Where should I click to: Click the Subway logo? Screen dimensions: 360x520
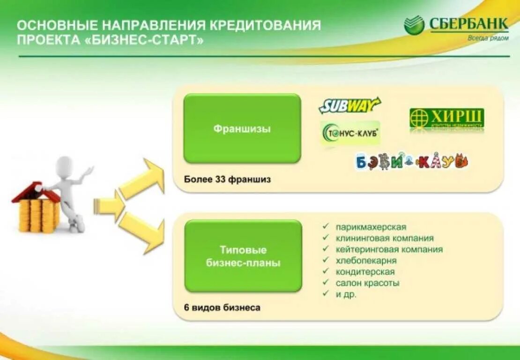pos(349,105)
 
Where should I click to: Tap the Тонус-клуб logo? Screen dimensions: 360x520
pos(350,134)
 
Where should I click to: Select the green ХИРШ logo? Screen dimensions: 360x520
pos(446,119)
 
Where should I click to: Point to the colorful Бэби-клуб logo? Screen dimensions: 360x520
pos(412,161)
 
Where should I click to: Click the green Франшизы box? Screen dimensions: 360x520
pos(242,128)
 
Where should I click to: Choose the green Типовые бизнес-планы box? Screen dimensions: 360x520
pos(243,256)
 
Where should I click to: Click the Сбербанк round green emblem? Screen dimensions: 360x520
pos(414,25)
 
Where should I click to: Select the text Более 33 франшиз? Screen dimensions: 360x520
pos(227,180)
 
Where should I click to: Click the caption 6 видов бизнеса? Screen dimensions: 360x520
pos(222,308)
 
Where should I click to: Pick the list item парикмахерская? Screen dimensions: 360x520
pos(371,227)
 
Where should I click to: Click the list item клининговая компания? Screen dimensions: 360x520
pos(384,238)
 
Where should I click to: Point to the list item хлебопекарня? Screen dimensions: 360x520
pos(366,261)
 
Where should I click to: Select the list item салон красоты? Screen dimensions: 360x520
pos(367,283)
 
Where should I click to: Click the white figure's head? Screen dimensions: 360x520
pos(65,165)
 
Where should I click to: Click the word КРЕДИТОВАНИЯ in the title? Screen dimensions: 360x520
pos(265,25)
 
